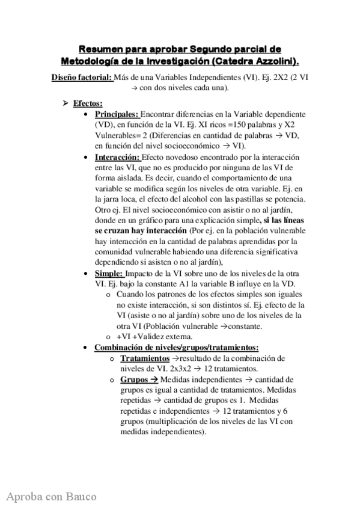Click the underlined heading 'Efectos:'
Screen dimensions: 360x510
(88, 103)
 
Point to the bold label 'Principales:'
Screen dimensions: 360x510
(117, 114)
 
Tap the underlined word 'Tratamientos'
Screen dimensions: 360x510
(145, 358)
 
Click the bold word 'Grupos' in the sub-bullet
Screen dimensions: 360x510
(134, 379)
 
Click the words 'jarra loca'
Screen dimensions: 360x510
(117, 201)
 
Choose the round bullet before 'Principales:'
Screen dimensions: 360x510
(89, 114)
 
